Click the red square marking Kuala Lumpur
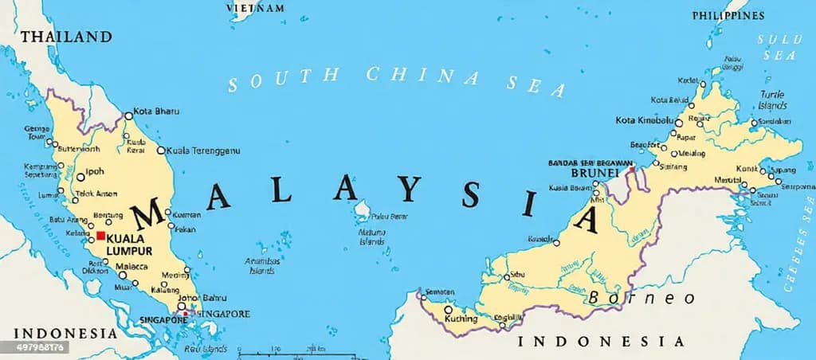pos(100,237)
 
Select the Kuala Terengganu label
pos(202,150)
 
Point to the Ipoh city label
pos(95,171)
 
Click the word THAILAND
pos(66,37)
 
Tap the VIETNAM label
pos(256,8)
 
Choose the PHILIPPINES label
pos(728,15)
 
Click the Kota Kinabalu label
pos(644,120)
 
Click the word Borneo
pos(642,298)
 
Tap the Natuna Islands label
pos(372,237)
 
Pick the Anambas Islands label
pos(263,266)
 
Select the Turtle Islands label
pos(771,100)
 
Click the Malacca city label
pos(131,266)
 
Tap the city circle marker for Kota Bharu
pos(128,115)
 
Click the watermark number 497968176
pos(34,347)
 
